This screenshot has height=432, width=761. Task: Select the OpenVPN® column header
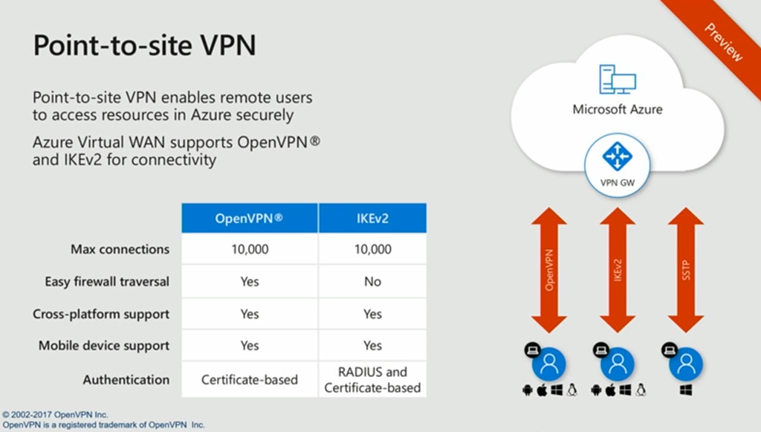tap(250, 218)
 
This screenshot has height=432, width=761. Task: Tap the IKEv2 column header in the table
tap(372, 218)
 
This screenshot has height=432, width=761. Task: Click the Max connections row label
tap(120, 249)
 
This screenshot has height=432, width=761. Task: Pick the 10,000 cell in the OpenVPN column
tap(250, 249)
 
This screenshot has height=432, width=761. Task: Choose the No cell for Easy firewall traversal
tap(372, 281)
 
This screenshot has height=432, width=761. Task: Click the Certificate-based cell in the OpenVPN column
tap(250, 379)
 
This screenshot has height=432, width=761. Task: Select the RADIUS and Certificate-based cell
tap(372, 379)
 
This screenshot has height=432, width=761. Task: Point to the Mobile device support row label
tap(104, 345)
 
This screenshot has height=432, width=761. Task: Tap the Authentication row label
tap(126, 379)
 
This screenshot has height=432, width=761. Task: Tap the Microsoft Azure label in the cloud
tap(617, 109)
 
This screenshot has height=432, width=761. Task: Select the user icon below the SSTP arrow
tap(685, 364)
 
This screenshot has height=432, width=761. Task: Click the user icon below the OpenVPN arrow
tap(549, 364)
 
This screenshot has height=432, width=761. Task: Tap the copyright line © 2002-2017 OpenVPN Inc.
tap(56, 414)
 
